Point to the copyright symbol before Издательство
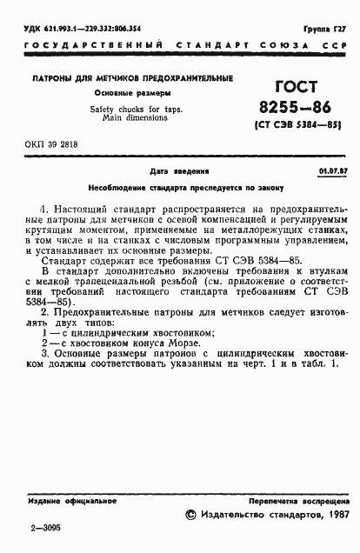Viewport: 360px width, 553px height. pyautogui.click(x=192, y=516)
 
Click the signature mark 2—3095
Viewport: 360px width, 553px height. pyautogui.click(x=47, y=528)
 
